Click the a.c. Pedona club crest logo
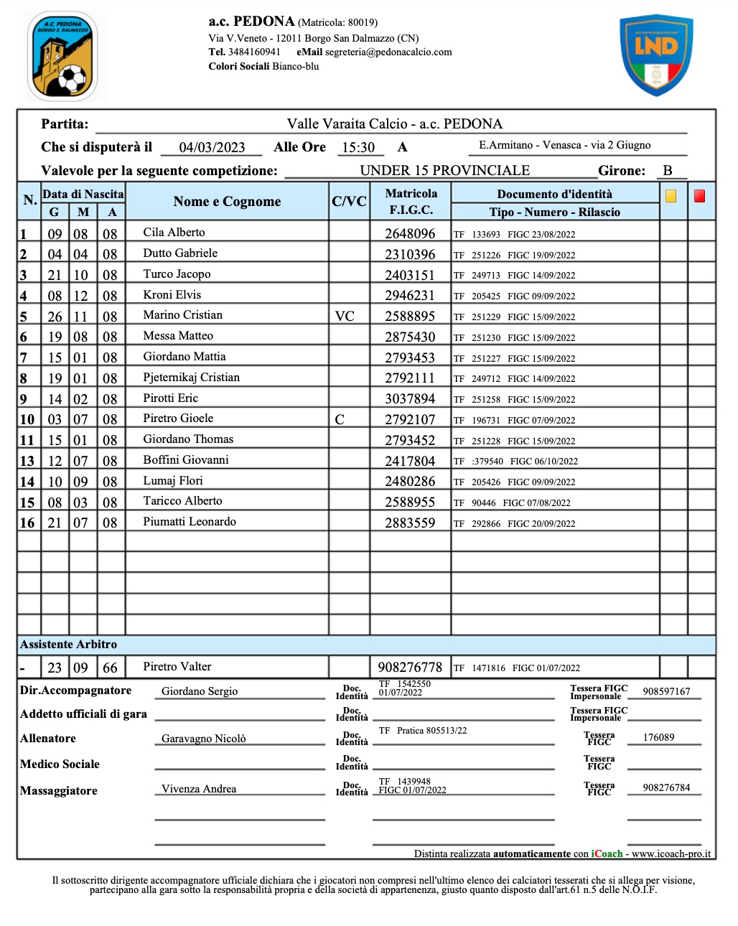[x=62, y=56]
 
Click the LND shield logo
[x=656, y=55]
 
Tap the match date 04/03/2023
[x=212, y=147]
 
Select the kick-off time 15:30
[x=358, y=147]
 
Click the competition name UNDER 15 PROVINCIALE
[x=444, y=170]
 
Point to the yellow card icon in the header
[x=671, y=196]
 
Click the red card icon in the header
[x=700, y=196]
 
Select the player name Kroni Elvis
[x=172, y=294]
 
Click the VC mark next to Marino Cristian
[x=345, y=317]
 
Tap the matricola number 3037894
[x=410, y=399]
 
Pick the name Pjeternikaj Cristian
[x=191, y=378]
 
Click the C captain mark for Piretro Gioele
[x=340, y=420]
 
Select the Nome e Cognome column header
[x=227, y=202]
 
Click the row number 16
[x=27, y=523]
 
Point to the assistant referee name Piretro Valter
[x=177, y=667]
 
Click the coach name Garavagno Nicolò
[x=203, y=739]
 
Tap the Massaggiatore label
[x=59, y=791]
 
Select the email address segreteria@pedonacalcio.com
[x=388, y=52]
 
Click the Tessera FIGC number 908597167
[x=666, y=691]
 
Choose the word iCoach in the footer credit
[x=607, y=853]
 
